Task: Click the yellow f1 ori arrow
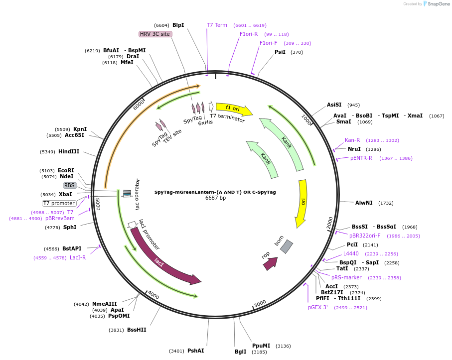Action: tap(234, 109)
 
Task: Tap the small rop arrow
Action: tap(271, 263)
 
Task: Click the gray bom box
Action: tap(287, 247)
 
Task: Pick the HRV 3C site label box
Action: tap(155, 34)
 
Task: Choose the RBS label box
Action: tap(69, 185)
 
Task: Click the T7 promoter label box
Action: tap(59, 203)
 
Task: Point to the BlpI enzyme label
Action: tap(178, 25)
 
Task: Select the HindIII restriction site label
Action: tap(69, 151)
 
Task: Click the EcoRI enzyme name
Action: tap(66, 170)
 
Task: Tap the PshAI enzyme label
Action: tap(196, 351)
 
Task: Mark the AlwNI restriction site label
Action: tap(364, 203)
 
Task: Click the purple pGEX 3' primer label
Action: tap(317, 307)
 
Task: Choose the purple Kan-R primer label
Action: tap(352, 140)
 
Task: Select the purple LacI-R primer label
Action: tap(78, 257)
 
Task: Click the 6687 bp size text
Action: tap(215, 198)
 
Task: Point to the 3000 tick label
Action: tap(260, 304)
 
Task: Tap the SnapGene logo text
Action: tap(439, 4)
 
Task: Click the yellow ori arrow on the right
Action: tap(301, 203)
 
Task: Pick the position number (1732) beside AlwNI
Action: tap(386, 203)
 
